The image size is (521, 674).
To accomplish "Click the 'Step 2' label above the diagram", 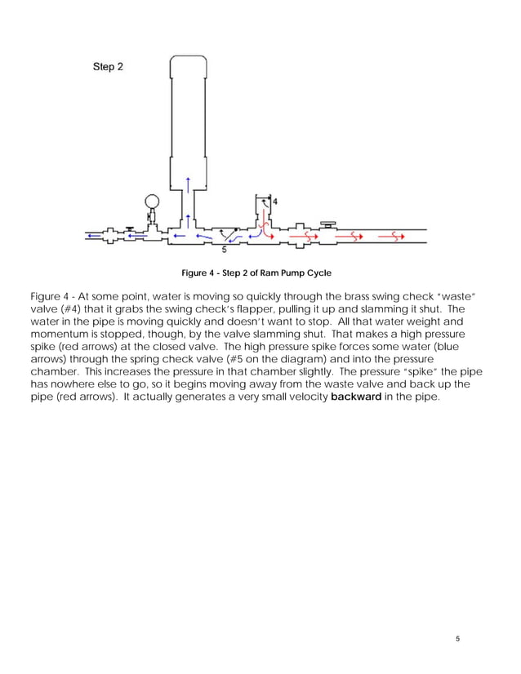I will click(x=106, y=67).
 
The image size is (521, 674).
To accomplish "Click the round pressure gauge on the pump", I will click(x=152, y=201).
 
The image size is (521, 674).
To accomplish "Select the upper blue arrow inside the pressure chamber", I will click(x=189, y=181).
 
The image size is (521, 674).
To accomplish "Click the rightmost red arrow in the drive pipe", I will click(x=395, y=237).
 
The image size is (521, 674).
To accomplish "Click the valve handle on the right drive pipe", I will click(x=327, y=222).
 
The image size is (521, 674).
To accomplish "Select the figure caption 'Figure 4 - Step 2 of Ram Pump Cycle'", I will click(x=256, y=273).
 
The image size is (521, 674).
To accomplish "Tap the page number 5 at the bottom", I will click(x=459, y=638).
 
